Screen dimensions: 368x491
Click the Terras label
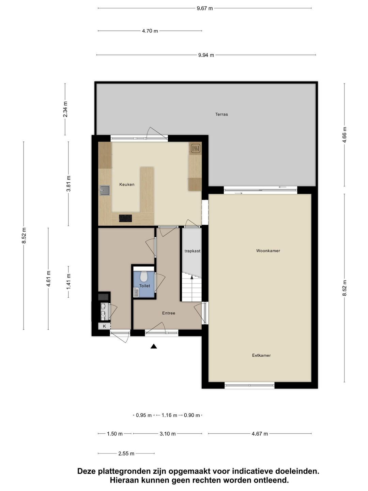[x=221, y=114]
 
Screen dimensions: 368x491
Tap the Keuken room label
[x=127, y=184]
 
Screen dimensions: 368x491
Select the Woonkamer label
[x=268, y=251]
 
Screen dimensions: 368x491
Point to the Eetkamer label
[x=261, y=355]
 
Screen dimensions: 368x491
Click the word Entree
[x=169, y=313]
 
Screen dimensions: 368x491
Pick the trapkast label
[x=193, y=251]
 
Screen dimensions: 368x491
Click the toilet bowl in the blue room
[x=143, y=277]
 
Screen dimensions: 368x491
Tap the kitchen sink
[x=105, y=190]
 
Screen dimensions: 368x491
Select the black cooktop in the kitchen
[x=125, y=218]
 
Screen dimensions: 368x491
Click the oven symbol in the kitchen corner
[x=196, y=148]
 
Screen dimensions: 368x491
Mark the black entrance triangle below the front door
[x=154, y=346]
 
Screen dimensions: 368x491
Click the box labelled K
[x=104, y=326]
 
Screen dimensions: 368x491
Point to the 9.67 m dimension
[x=205, y=8]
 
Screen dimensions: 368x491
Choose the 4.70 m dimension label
[x=150, y=31]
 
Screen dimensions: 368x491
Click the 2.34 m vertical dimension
[x=65, y=109]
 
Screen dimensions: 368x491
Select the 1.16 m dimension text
[x=169, y=415]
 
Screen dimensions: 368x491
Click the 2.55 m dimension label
[x=126, y=453]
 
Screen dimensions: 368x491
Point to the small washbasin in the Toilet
[x=136, y=292]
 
